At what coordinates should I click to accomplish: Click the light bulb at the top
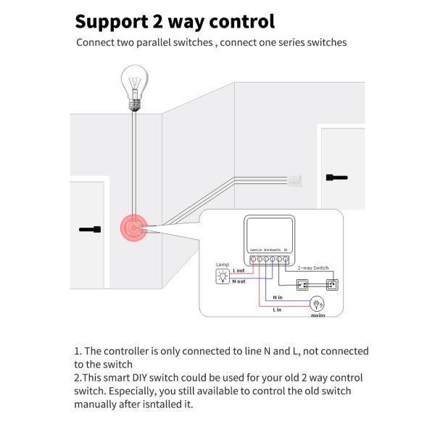tap(134, 85)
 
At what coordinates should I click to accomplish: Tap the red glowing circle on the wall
tap(133, 228)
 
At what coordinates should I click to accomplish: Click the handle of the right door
tap(337, 176)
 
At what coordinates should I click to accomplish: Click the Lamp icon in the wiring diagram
tap(223, 276)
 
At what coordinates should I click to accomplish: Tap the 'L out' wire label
tap(239, 270)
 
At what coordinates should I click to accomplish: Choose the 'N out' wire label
tap(239, 281)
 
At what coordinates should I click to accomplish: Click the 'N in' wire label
tap(278, 297)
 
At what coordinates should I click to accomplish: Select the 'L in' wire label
tap(277, 310)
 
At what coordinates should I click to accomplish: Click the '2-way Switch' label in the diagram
tap(314, 268)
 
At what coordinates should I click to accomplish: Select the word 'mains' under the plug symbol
tap(318, 315)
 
